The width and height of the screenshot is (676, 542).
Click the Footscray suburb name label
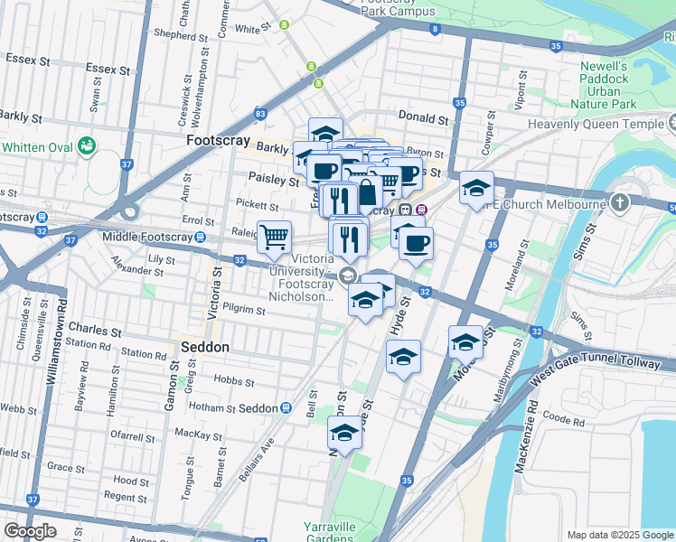pos(216,142)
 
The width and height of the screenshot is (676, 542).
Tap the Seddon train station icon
pos(286,408)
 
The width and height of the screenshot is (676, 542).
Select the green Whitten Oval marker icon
pos(88,145)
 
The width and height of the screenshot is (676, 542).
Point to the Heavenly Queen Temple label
pos(601,125)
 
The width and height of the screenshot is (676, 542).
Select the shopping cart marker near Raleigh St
pos(275,238)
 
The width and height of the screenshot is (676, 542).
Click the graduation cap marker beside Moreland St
pos(466,342)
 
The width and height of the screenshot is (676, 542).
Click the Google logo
pos(30,530)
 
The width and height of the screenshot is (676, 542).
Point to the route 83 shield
pos(260,114)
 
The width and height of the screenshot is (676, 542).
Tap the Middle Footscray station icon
pos(173,237)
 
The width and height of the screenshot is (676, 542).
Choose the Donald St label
pos(424,118)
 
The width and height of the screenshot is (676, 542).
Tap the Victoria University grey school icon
pos(348,276)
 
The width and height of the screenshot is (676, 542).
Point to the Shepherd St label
pos(180,36)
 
